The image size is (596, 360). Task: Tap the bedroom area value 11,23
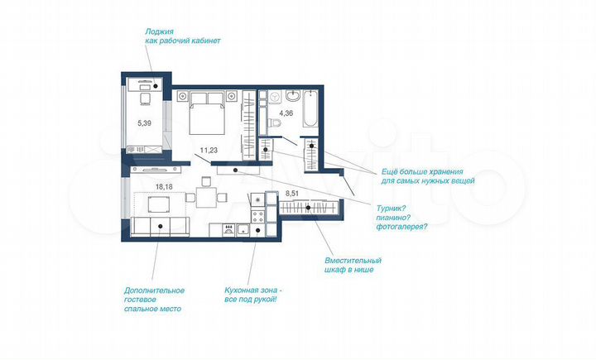tap(209, 150)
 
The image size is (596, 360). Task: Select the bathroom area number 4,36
tap(286, 113)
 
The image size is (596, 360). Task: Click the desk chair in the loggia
tap(144, 98)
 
